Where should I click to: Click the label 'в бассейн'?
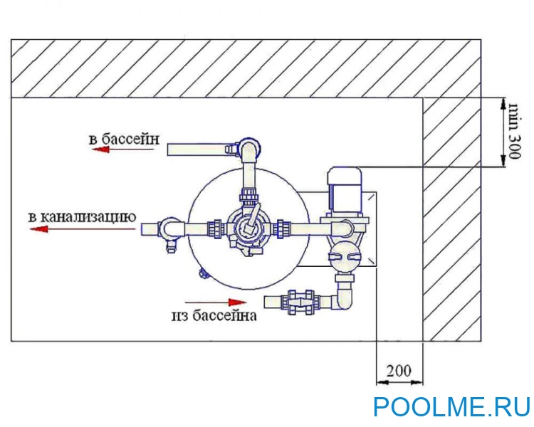click(124, 138)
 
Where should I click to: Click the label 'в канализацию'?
click(78, 215)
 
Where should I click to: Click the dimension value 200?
click(399, 370)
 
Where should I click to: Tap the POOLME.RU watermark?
click(452, 406)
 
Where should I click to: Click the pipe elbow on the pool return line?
click(248, 150)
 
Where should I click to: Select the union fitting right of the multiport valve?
click(284, 229)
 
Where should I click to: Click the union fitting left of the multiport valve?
click(213, 229)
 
